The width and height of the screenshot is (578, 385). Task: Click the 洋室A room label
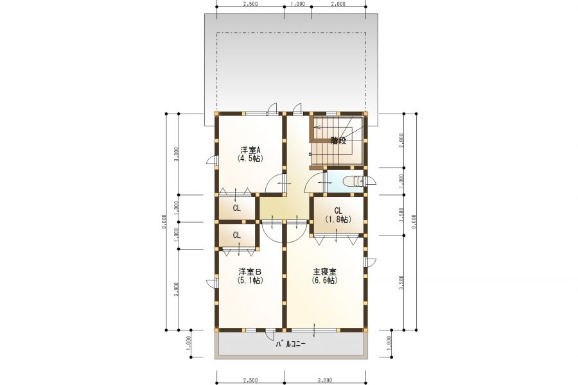(250, 150)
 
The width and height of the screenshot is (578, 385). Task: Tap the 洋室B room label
(250, 272)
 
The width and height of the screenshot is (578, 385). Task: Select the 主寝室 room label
(325, 272)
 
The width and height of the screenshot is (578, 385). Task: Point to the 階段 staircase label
(338, 141)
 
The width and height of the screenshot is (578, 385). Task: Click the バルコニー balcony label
(291, 345)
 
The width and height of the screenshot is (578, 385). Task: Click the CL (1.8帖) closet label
(338, 215)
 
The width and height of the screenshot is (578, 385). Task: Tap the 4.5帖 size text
(250, 158)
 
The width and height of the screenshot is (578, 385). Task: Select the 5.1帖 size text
(250, 280)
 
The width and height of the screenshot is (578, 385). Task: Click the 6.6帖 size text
(325, 280)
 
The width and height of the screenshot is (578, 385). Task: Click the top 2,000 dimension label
(338, 4)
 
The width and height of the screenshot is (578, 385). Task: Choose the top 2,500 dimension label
(250, 4)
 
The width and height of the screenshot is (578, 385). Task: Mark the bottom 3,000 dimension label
(325, 381)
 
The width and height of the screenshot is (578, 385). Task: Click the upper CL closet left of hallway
(236, 208)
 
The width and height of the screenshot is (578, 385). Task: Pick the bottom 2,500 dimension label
(250, 381)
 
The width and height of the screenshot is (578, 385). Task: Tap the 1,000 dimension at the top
(298, 4)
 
